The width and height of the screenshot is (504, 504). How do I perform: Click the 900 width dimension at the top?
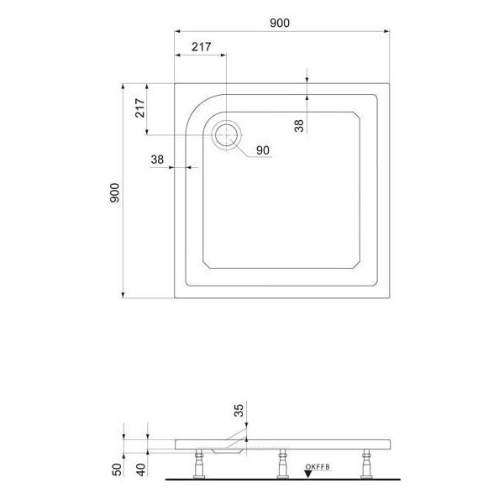[280, 23]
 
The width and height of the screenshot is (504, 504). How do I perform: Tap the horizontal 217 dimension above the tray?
[200, 48]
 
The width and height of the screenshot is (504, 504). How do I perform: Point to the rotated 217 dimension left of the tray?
[140, 108]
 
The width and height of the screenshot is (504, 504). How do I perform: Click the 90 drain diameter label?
[262, 150]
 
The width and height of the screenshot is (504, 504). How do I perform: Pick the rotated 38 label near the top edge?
[299, 125]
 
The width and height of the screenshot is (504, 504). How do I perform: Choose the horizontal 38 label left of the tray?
[157, 159]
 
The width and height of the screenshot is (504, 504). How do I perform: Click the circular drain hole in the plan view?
[226, 134]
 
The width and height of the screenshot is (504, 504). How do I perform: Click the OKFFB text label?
[318, 465]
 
